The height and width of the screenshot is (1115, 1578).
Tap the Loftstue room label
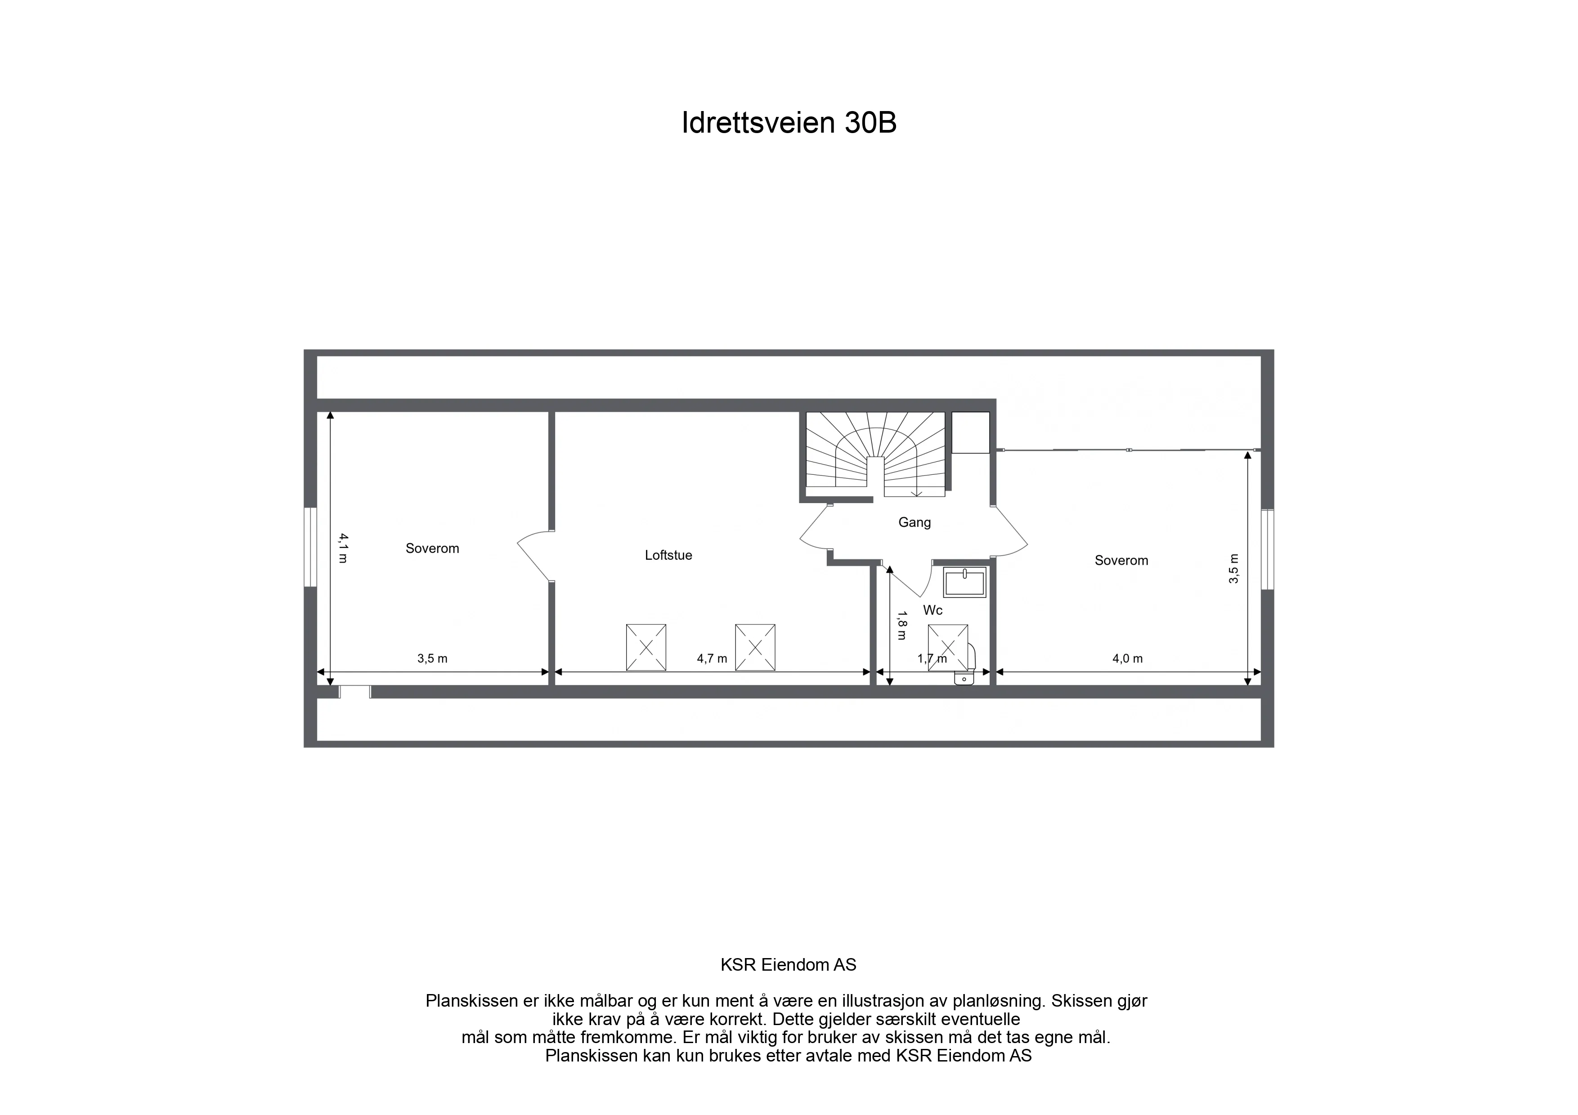click(668, 555)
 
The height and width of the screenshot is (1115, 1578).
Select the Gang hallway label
click(914, 522)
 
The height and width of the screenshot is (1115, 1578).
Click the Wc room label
click(932, 610)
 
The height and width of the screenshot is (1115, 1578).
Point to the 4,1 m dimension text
click(342, 548)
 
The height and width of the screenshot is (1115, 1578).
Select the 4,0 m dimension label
click(1127, 659)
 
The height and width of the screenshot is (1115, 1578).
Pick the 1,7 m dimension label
click(932, 659)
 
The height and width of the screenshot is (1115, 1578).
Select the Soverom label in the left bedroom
click(432, 548)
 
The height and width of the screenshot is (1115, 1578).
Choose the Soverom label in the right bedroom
click(1121, 561)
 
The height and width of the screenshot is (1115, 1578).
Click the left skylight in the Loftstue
click(646, 647)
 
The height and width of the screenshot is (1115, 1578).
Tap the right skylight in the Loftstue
click(755, 647)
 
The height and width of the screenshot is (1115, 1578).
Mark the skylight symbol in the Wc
click(948, 647)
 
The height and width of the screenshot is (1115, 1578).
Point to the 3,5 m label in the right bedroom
click(1234, 569)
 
